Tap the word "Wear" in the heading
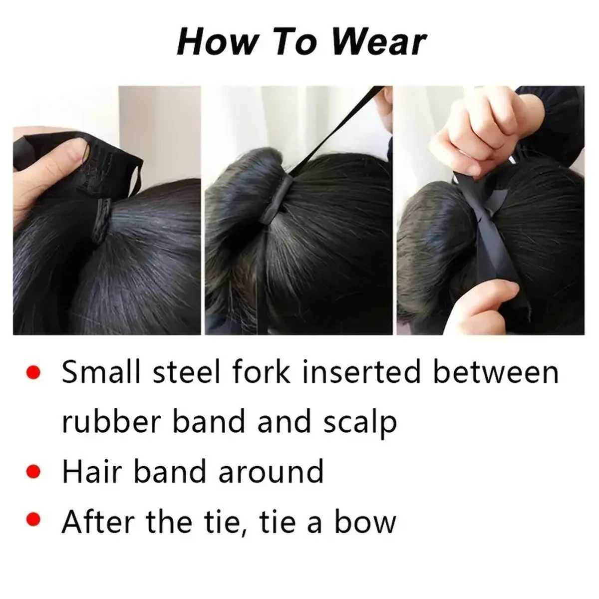coord(378,42)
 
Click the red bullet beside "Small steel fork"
coord(33,372)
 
